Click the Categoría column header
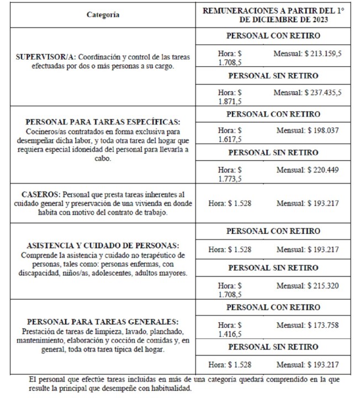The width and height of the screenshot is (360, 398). coord(103,15)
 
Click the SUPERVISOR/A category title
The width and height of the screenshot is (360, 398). coord(47,57)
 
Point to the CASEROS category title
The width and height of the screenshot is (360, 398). coord(41,195)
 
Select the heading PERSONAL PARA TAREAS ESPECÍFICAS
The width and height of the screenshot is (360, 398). coord(103,122)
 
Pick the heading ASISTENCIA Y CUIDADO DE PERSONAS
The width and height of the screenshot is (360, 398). coord(103,245)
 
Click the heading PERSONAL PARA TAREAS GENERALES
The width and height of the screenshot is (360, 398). coord(103,322)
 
